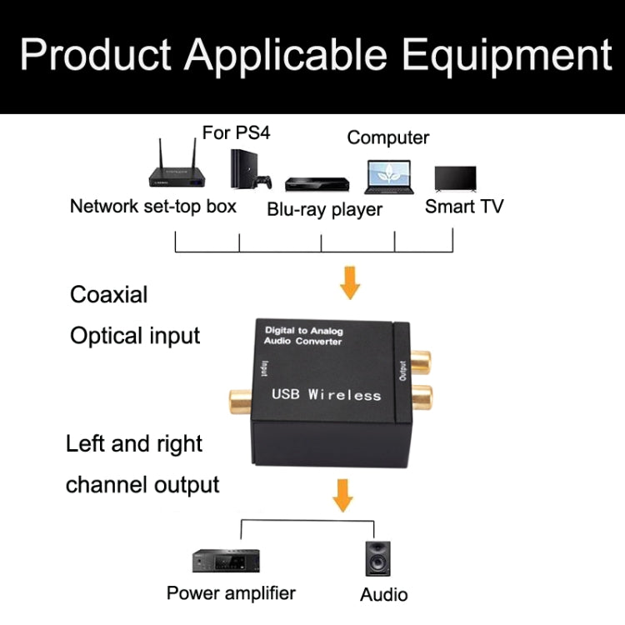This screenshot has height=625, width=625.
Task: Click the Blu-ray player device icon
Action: point(316,184)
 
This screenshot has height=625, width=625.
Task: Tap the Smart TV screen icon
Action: point(455,179)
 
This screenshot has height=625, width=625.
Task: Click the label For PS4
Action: point(236,132)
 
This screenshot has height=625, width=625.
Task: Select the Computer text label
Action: point(387,137)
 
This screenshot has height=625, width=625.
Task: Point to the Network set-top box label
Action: point(153,206)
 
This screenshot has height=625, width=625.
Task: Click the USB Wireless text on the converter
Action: point(326,394)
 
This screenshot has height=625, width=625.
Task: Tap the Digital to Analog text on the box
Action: point(302,331)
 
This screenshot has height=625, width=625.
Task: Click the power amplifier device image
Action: point(222,560)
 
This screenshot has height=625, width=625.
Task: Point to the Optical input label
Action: point(135,336)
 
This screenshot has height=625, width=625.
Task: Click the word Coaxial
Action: point(108,294)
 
